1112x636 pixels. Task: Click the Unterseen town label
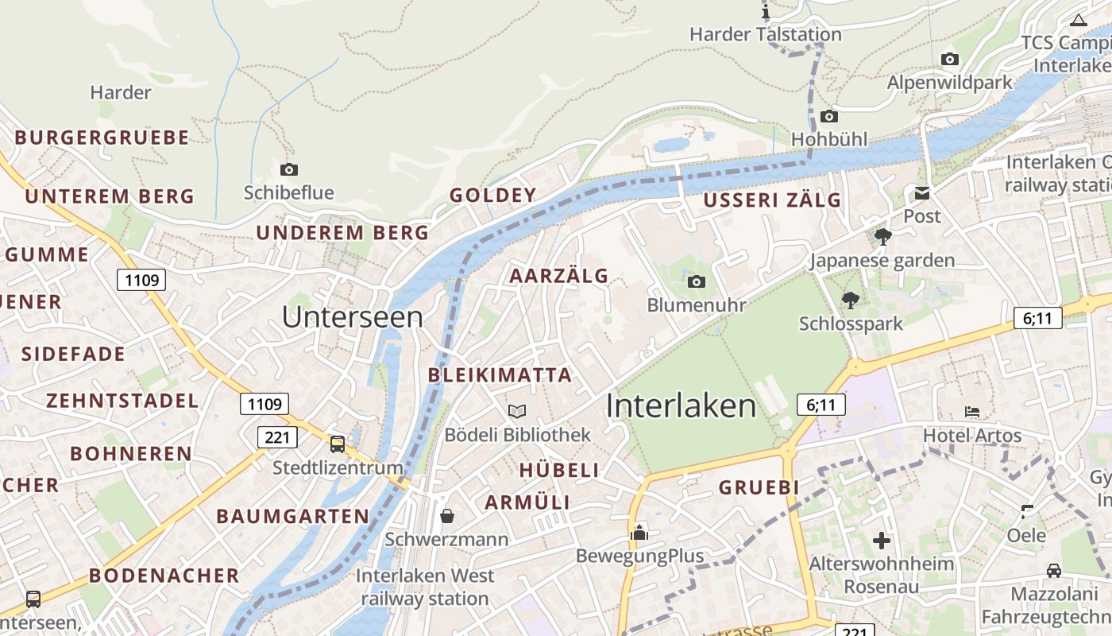pos(352,317)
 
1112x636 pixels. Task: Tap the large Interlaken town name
pos(681,405)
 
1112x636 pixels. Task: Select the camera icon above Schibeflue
pos(289,169)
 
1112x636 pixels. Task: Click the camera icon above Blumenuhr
pos(696,281)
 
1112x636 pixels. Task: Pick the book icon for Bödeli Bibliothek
pos(517,411)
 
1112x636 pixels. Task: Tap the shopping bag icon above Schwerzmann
pos(447,516)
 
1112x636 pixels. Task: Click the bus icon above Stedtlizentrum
pos(338,444)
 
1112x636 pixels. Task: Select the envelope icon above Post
pos(921,192)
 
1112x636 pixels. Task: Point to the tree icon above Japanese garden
pos(882,236)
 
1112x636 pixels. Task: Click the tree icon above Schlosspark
pos(851,300)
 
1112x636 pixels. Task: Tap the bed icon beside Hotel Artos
pos(972,411)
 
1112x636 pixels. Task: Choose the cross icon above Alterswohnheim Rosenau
pos(882,541)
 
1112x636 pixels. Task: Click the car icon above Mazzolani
pos(1053,570)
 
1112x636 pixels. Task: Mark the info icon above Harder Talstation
pos(766,11)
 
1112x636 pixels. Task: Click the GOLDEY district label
pos(493,196)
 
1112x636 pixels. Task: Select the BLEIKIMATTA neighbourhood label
pos(500,375)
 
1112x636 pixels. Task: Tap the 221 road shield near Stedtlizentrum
pos(277,437)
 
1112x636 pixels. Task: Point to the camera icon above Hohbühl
pos(828,116)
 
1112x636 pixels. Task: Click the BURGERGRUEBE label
pos(102,138)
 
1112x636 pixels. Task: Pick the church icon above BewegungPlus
pos(639,533)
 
